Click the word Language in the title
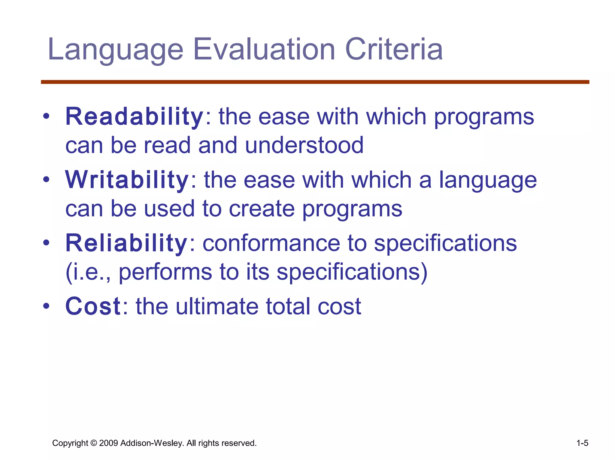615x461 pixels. (115, 50)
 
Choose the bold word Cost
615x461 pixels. (93, 306)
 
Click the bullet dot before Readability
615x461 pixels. (46, 116)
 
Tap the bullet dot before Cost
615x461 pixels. (46, 306)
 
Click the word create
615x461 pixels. (262, 209)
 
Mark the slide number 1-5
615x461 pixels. (582, 443)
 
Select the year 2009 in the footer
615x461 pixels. (108, 443)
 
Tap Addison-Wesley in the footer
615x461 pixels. (152, 443)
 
